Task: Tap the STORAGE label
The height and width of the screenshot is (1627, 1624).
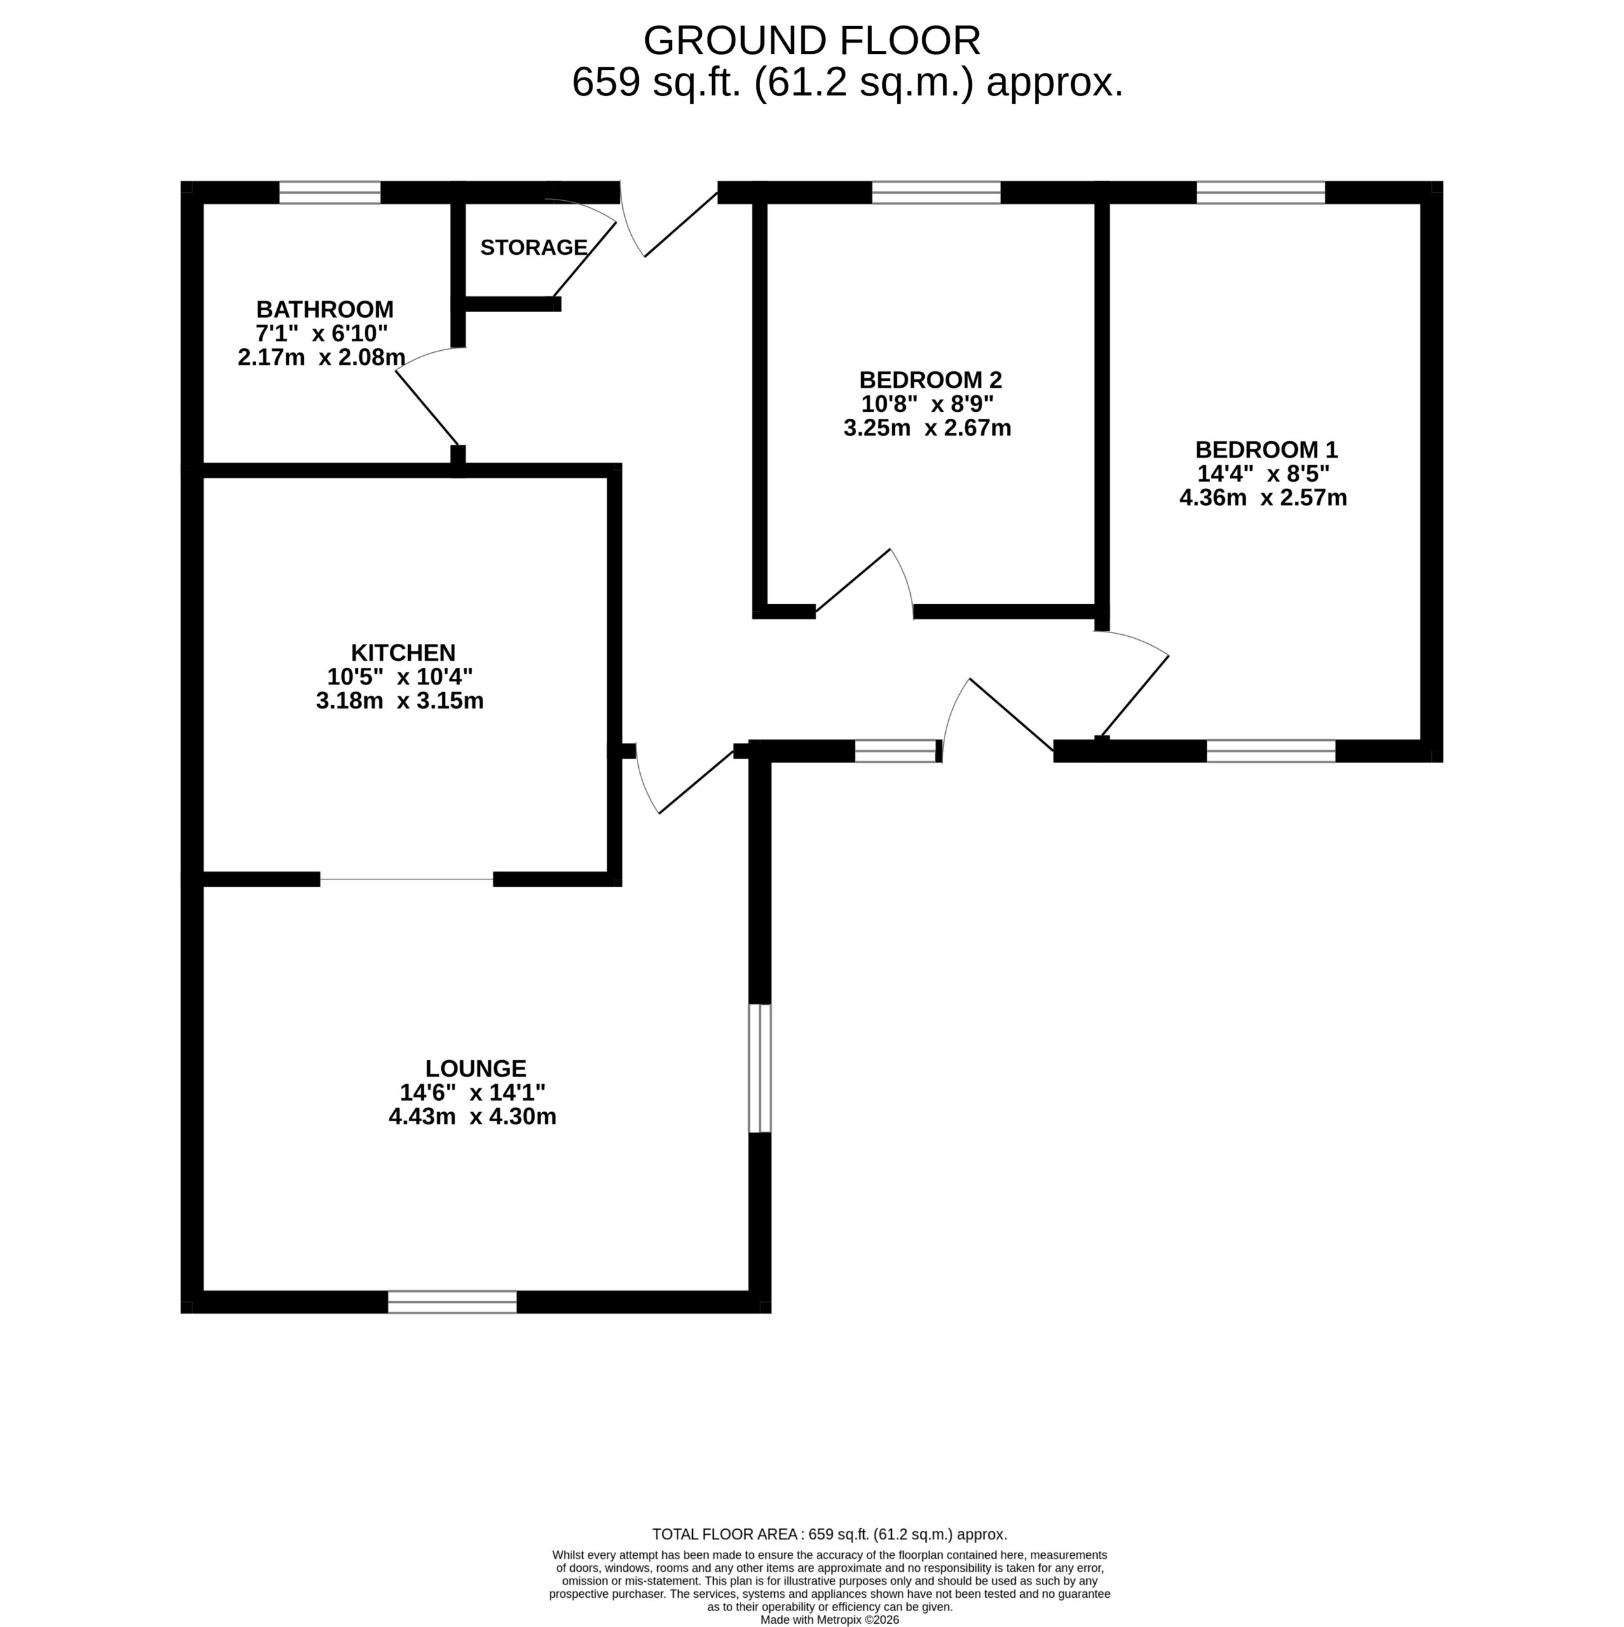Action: tap(534, 248)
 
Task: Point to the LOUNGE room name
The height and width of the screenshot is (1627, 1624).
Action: tap(476, 1068)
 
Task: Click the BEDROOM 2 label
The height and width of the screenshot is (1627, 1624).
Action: tap(931, 380)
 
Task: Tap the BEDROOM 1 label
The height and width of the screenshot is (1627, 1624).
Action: tap(1266, 450)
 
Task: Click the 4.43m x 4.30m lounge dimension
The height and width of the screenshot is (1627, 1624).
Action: tap(472, 1117)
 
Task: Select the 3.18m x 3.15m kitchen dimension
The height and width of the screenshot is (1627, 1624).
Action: tap(400, 700)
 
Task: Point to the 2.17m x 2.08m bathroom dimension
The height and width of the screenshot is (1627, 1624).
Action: tap(322, 357)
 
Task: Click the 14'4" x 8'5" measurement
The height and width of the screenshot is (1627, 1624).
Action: tap(1264, 473)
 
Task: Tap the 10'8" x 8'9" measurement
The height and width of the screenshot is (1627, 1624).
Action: tap(927, 404)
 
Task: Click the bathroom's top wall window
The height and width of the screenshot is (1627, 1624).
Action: tap(330, 193)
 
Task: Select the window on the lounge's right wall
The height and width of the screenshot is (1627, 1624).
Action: tap(760, 1068)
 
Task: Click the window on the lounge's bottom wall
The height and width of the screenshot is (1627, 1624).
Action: tap(453, 1302)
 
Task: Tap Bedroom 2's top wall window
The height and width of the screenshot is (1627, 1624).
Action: tap(936, 193)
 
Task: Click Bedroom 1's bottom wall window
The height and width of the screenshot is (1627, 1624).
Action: tap(1271, 751)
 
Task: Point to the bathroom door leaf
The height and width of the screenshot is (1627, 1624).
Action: tap(428, 409)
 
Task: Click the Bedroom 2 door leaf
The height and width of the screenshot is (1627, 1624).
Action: tap(853, 580)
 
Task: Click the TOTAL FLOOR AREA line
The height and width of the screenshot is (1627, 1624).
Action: tap(829, 1534)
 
